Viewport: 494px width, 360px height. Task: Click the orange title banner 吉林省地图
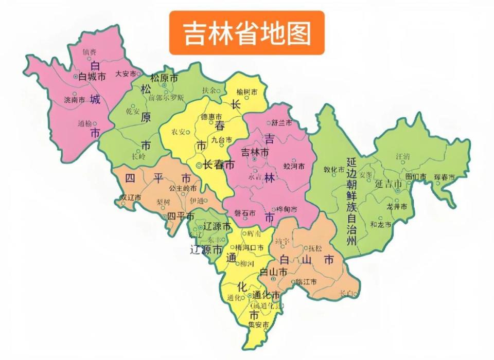(247, 32)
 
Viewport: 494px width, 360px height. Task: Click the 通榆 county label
(84, 123)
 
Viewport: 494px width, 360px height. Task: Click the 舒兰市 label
(282, 123)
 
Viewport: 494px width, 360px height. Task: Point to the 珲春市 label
(444, 177)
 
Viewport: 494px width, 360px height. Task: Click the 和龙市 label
(381, 225)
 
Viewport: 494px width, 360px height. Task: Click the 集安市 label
(258, 325)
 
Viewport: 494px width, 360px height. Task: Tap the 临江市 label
(306, 282)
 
